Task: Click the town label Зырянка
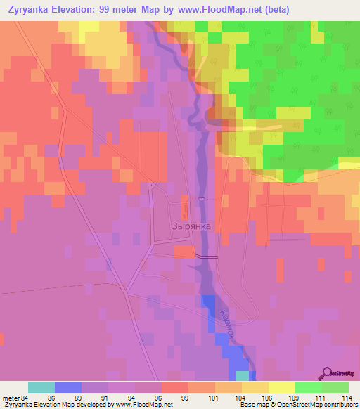191,226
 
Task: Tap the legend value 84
28,398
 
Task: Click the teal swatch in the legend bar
41,387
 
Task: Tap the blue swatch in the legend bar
68,387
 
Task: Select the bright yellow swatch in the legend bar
281,387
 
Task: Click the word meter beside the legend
11,398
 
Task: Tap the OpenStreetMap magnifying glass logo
327,374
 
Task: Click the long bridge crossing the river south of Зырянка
207,257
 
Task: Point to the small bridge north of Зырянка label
202,199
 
